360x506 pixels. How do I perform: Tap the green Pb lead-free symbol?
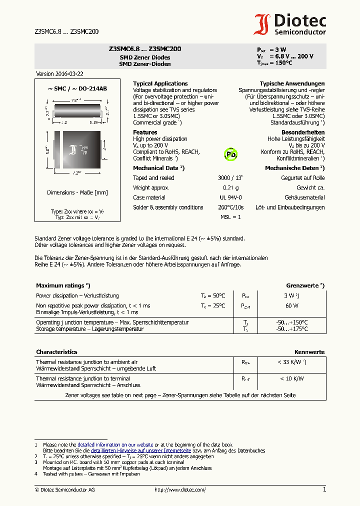pos(230,154)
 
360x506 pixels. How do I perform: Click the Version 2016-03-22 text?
pos(59,73)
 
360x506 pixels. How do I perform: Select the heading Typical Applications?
pos(160,83)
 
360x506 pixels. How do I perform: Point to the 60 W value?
pos(291,305)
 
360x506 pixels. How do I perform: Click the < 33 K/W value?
pos(291,361)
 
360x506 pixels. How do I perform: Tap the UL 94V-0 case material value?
pos(230,197)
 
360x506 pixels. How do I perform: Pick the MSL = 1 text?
pos(230,217)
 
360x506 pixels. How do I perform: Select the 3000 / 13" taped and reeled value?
pos(230,178)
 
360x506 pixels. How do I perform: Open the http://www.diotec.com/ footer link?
pos(180,490)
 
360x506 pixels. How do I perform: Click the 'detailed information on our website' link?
pos(115,444)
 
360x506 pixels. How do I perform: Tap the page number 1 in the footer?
pos(324,489)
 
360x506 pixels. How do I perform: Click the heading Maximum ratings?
pos(62,285)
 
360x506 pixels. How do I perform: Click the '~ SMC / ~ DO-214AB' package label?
pos(77,88)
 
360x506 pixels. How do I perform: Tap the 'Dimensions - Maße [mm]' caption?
pos(77,192)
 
